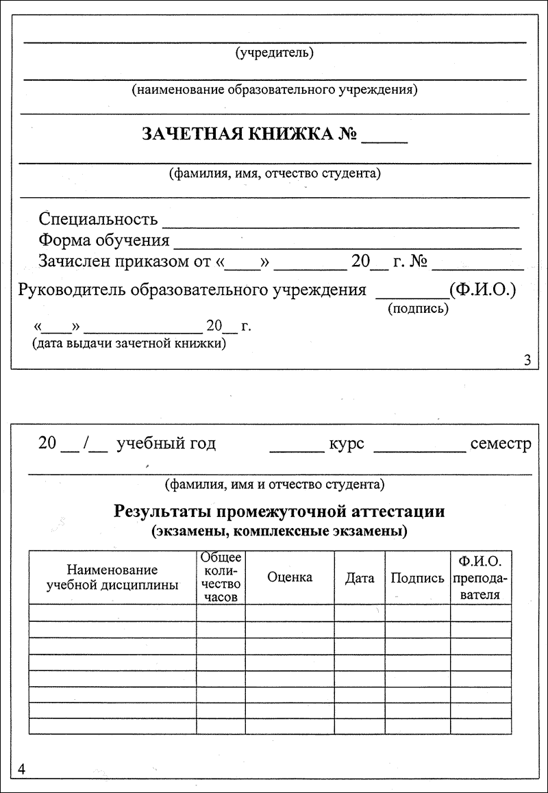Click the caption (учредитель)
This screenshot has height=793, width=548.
click(x=274, y=53)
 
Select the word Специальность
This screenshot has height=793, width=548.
click(x=98, y=219)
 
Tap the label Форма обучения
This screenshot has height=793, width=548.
click(x=104, y=240)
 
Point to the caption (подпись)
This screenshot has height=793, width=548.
click(x=418, y=309)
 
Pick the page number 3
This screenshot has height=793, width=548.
click(x=527, y=360)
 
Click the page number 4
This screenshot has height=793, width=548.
click(x=21, y=769)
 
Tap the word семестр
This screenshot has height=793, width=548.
click(x=501, y=444)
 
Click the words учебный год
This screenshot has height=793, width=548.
click(x=166, y=444)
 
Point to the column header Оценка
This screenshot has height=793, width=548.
click(x=290, y=577)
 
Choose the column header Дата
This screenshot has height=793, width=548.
click(x=360, y=578)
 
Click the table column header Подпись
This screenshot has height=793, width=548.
click(x=417, y=578)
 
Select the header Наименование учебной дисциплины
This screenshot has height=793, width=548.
click(x=112, y=577)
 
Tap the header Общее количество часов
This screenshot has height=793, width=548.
click(x=221, y=577)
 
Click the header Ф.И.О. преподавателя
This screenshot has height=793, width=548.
click(x=481, y=578)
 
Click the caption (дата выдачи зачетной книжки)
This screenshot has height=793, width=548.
click(x=130, y=344)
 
